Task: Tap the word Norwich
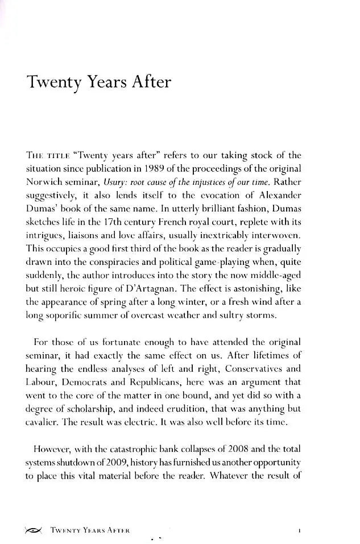pyautogui.click(x=45, y=183)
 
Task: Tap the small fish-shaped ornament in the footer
pyautogui.click(x=33, y=530)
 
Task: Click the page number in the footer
pyautogui.click(x=299, y=530)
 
